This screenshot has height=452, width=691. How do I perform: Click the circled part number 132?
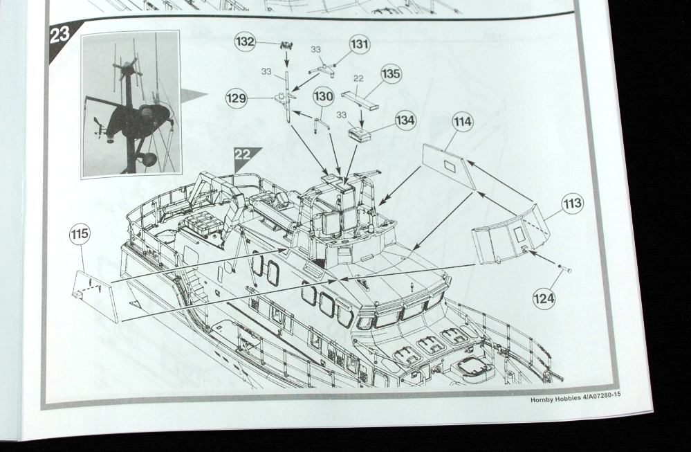pos(245,42)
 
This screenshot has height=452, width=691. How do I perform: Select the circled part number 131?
pos(360,44)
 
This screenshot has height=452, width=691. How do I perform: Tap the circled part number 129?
pos(236,98)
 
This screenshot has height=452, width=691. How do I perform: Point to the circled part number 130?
pos(324,96)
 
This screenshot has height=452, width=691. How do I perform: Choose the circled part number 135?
pos(391,73)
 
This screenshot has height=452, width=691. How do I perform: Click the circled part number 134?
pos(405,120)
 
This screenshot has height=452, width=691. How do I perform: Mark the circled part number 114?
pos(463,122)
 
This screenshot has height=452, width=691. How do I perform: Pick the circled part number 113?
pos(573,204)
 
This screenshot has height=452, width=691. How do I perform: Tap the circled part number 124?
pos(544,298)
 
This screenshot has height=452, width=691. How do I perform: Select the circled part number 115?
pos(80,234)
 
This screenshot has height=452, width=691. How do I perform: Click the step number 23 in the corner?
pos(60,35)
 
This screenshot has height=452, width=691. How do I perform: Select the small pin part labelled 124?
pos(564,268)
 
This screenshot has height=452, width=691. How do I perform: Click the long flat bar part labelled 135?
pos(360,100)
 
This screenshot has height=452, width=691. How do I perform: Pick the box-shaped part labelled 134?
pos(360,135)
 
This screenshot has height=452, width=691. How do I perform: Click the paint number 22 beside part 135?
pos(358,78)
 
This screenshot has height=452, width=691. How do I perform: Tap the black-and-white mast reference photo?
pos(131,105)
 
